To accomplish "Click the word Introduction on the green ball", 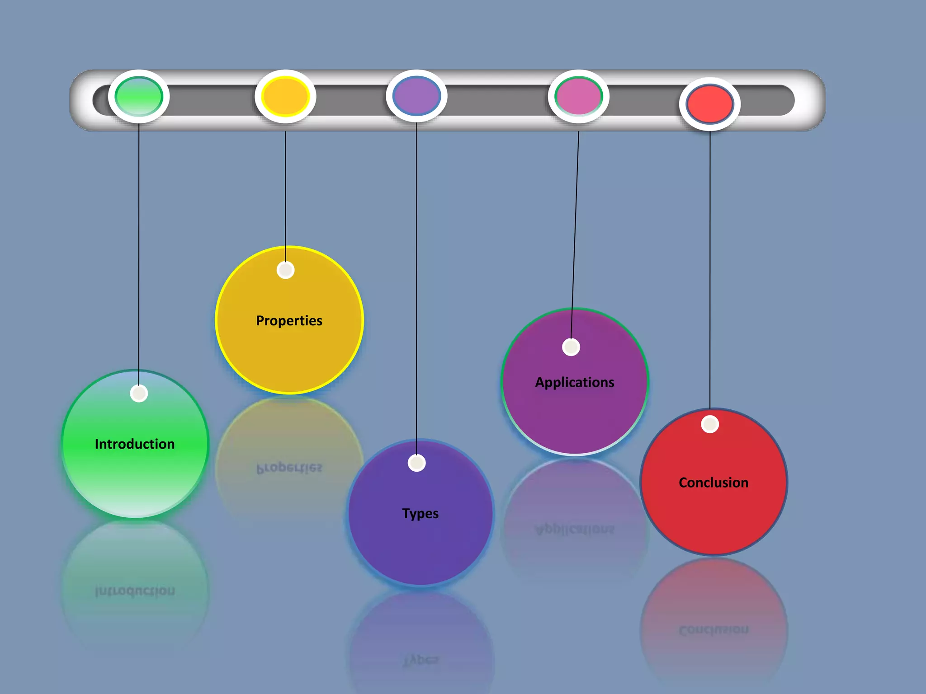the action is coord(135,444).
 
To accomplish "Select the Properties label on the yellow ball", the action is coord(289,321).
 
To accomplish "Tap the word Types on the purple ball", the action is coord(420,514).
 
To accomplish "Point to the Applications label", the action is coord(575,383).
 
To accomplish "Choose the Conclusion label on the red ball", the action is coord(713,483).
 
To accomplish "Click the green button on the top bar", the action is coord(139,96).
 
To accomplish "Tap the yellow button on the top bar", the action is coord(285,96).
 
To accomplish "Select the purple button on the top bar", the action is coord(416,96).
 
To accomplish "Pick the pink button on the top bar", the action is coord(579,96).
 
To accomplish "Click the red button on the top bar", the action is coord(710,104).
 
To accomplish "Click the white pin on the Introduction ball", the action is coord(139,393).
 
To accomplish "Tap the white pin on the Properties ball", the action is coord(285,270).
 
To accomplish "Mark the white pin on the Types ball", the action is coord(416,463).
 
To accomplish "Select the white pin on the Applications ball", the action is coord(571,347).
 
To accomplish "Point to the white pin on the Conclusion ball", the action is coord(710,424).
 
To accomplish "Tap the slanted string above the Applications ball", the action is coord(575,235).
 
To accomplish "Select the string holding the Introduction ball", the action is coord(139,253).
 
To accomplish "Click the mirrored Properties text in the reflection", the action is coord(289,468).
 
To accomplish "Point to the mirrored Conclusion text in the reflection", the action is coord(713,630).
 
